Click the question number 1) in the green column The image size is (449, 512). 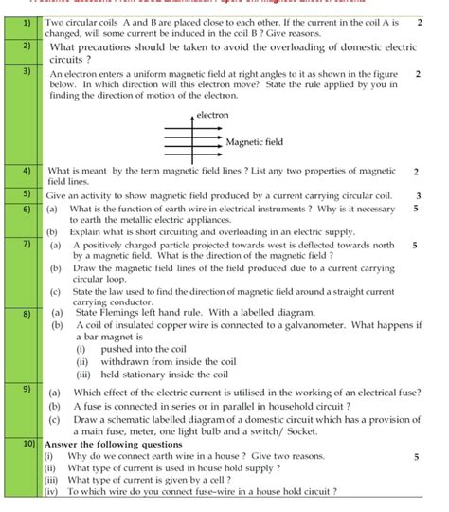click(26, 22)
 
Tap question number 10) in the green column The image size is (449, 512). click(27, 443)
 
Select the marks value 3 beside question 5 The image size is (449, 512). click(418, 195)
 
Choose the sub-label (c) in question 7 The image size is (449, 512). click(53, 293)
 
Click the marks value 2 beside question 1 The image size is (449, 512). click(418, 21)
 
